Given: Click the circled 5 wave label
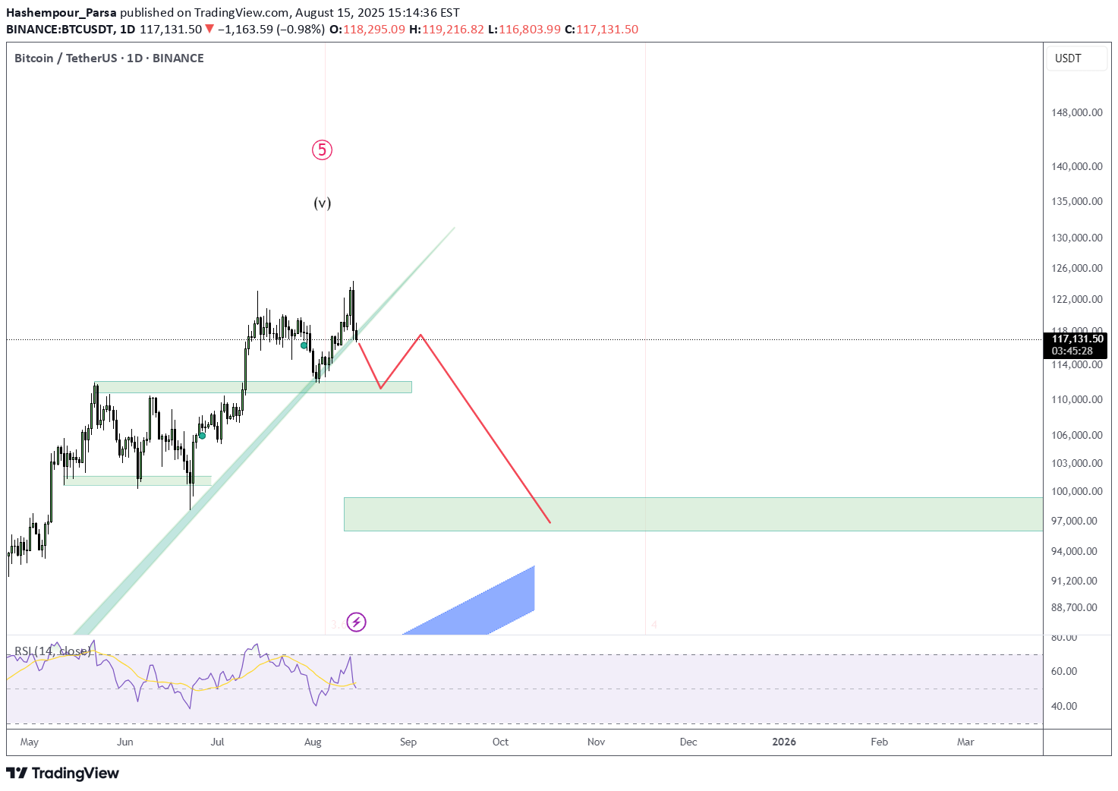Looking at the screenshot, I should coord(322,150).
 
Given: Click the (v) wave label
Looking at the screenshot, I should coord(323,203).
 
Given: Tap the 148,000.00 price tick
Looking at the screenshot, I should coord(1076,112).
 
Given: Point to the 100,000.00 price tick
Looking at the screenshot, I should coord(1076,491).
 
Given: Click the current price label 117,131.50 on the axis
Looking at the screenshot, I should coord(1077,339).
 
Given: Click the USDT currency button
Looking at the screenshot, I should coord(1068,58).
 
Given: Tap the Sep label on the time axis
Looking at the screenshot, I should coord(408,742).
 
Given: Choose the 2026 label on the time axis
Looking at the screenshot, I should coord(784,742).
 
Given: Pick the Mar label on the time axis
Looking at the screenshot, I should coord(965,742).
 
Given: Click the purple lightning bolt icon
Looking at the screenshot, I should coord(356,622).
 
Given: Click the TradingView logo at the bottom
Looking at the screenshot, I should coord(63,773).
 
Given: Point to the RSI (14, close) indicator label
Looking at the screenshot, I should coord(52,651).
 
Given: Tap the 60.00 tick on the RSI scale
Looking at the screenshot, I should coord(1064,671).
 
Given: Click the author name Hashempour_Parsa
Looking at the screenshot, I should coord(61,13).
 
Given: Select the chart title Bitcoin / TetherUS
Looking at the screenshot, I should coord(66,58).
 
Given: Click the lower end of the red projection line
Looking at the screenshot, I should coord(550,523).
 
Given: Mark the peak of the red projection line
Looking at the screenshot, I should coord(420,335).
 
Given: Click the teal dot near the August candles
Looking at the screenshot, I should coord(304,345).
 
